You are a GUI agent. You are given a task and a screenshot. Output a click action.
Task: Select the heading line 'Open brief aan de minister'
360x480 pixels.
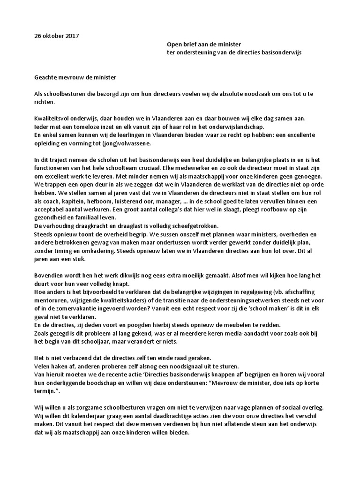[x=204, y=44]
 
